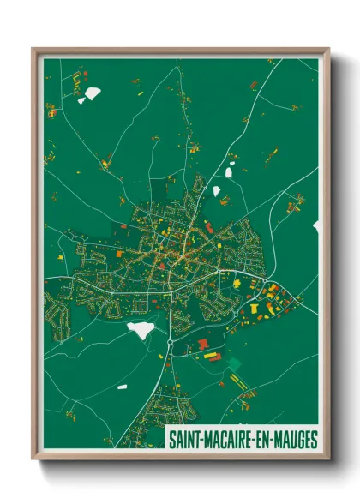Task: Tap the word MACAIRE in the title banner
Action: pyautogui.click(x=226, y=440)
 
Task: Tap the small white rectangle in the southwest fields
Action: pyautogui.click(x=122, y=387)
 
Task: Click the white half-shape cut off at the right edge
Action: pyautogui.click(x=316, y=226)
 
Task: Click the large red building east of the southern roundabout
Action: pyautogui.click(x=203, y=344)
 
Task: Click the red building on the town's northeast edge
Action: pyautogui.click(x=208, y=227)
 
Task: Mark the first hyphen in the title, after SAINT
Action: pyautogui.click(x=201, y=440)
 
